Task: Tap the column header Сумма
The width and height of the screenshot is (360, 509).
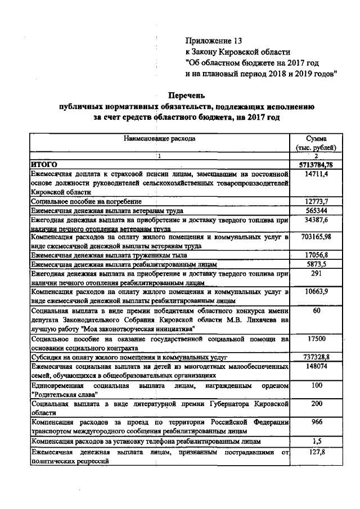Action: tap(316, 138)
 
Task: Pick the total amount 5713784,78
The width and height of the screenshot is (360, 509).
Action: tap(316, 164)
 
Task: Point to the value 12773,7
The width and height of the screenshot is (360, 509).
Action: tap(316, 201)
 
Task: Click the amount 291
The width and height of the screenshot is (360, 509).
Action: tap(316, 273)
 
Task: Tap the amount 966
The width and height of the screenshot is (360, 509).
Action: tap(316, 422)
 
